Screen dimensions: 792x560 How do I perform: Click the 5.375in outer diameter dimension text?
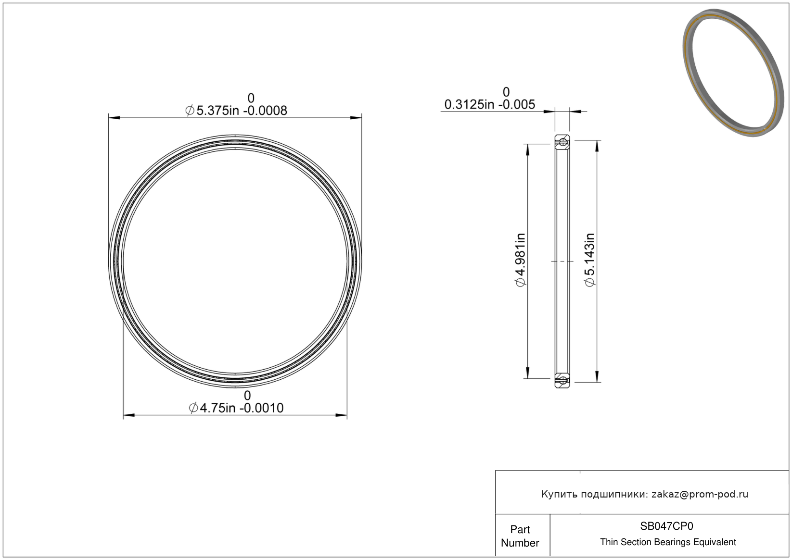click(236, 111)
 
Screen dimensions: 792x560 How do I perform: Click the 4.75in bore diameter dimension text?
click(236, 408)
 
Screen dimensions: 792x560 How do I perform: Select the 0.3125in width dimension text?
click(490, 105)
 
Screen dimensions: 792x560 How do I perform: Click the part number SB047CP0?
click(666, 526)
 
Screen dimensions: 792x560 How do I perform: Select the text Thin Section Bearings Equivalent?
click(668, 542)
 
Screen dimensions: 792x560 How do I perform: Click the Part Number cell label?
click(520, 536)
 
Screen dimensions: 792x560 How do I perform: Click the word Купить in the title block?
click(559, 494)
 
